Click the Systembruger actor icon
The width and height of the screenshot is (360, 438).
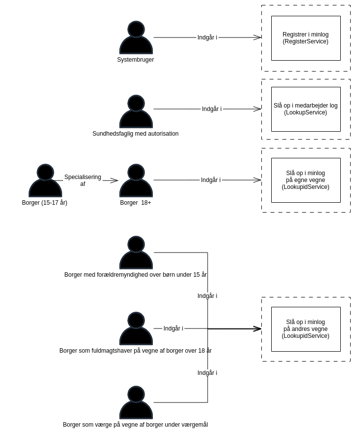[x=136, y=38]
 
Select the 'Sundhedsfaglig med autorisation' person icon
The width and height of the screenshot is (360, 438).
[x=136, y=112]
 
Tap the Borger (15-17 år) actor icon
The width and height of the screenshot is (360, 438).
[x=45, y=181]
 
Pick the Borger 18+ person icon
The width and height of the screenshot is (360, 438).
[x=136, y=181]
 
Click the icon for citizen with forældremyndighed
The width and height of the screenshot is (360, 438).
[x=136, y=253]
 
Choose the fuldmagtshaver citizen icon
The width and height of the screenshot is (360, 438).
[x=136, y=329]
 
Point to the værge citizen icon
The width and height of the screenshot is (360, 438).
[x=136, y=403]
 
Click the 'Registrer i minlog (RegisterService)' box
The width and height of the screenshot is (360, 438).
[x=305, y=38]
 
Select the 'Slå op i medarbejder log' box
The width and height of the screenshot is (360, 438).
[x=305, y=109]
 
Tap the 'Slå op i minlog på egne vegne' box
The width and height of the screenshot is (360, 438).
[x=305, y=180]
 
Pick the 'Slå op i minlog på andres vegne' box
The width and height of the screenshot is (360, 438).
[x=305, y=329]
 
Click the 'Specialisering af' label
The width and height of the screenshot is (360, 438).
[x=82, y=181]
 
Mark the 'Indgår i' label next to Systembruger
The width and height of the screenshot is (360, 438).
[x=207, y=37]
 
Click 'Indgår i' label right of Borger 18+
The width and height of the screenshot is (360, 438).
[x=211, y=180]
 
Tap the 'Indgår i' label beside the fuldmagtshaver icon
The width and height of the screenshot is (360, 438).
[x=173, y=328]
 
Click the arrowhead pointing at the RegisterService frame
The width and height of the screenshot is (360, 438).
[x=257, y=37]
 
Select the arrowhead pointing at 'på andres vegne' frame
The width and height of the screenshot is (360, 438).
[x=257, y=328]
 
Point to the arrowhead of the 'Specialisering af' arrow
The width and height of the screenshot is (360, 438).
[x=114, y=181]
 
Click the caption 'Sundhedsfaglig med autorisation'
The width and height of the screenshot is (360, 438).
[x=136, y=134]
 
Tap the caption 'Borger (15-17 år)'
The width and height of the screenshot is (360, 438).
[x=44, y=203]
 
